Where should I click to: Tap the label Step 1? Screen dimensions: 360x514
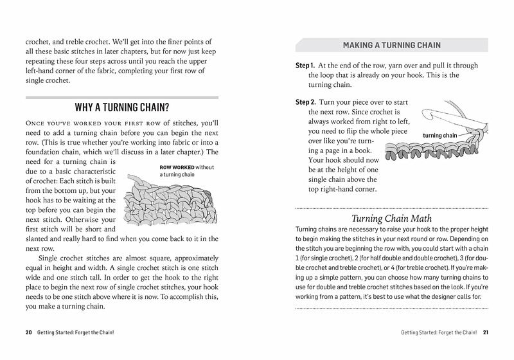(305, 66)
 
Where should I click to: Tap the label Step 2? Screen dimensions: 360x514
(305, 102)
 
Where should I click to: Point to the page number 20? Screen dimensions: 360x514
(29, 332)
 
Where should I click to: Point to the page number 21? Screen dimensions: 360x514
(486, 332)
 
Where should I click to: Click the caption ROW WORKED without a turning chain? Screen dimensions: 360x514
(186, 170)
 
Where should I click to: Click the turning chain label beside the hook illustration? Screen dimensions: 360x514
(439, 136)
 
